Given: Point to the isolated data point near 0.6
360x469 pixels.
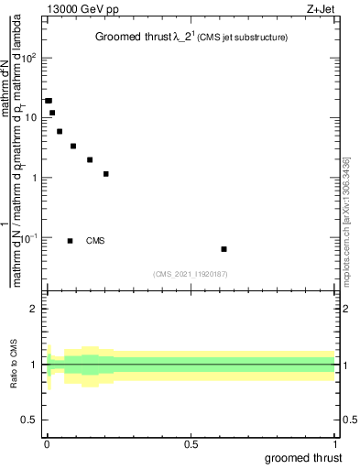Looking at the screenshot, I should [x=224, y=249].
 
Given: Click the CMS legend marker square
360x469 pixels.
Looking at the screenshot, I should [x=71, y=241].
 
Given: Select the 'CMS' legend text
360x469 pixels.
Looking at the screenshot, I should [x=95, y=241].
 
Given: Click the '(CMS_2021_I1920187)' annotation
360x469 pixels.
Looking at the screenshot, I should [x=191, y=273].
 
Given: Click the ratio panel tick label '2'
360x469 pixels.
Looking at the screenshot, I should [x=34, y=309].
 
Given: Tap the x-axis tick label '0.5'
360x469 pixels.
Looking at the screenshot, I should [x=191, y=444].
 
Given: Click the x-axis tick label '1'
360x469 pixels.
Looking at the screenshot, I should [x=335, y=444].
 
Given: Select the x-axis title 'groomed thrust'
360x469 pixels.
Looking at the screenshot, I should [x=304, y=458].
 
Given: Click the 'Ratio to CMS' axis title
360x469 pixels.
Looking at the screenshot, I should [x=14, y=365].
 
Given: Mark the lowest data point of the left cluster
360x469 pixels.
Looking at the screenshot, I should [x=106, y=174].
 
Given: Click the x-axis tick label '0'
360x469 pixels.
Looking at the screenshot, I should [x=47, y=444].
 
